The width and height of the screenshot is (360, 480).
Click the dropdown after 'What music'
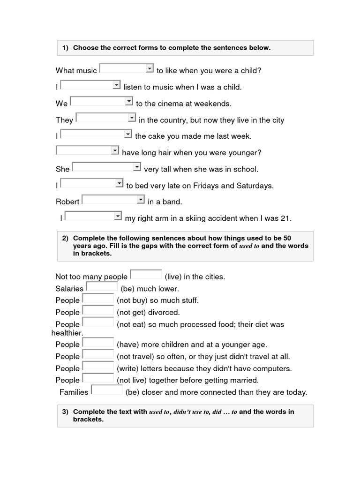pyautogui.click(x=127, y=69)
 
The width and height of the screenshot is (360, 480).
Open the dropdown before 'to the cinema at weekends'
pyautogui.click(x=102, y=102)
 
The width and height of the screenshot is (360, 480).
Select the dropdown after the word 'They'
pyautogui.click(x=106, y=118)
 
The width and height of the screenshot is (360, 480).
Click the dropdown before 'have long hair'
pyautogui.click(x=87, y=150)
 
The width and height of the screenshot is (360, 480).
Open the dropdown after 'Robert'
pyautogui.click(x=113, y=200)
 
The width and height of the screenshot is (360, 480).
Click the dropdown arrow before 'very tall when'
pyautogui.click(x=136, y=167)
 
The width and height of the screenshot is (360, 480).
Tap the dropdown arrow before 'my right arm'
pyautogui.click(x=117, y=216)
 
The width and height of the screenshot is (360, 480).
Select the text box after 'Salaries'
pyautogui.click(x=102, y=287)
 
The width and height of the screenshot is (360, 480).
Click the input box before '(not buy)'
pyautogui.click(x=98, y=299)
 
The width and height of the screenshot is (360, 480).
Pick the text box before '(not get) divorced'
pyautogui.click(x=98, y=310)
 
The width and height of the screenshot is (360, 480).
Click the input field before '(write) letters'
pyautogui.click(x=98, y=367)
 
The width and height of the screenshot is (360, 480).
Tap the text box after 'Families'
pyautogui.click(x=106, y=390)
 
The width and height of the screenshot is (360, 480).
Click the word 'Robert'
pyautogui.click(x=67, y=202)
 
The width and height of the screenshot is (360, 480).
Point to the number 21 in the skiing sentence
pyautogui.click(x=287, y=218)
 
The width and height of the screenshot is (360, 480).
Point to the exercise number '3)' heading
pyautogui.click(x=65, y=412)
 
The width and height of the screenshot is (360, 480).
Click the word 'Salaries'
pyautogui.click(x=69, y=289)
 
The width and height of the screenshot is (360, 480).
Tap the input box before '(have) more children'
pyautogui.click(x=98, y=343)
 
